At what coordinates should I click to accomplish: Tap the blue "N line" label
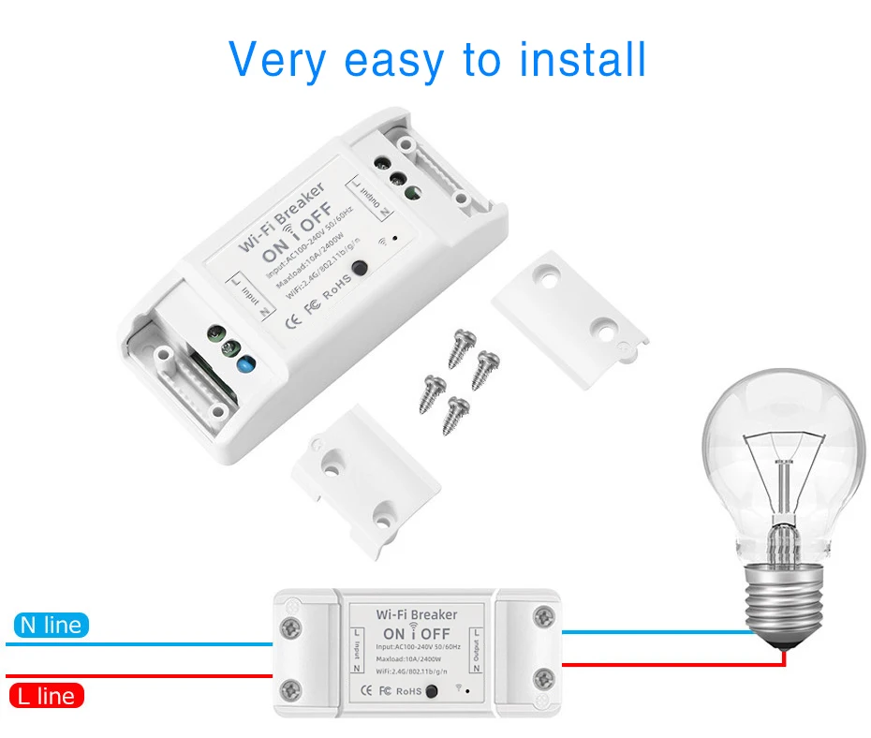click(51, 626)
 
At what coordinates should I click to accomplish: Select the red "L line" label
click(46, 696)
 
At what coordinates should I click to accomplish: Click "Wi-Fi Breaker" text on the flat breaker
click(417, 615)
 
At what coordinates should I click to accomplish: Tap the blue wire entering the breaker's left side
click(140, 643)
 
